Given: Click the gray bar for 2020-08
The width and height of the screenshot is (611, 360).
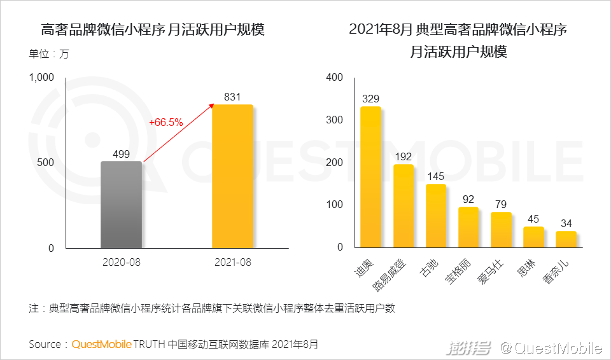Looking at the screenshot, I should pyautogui.click(x=121, y=205).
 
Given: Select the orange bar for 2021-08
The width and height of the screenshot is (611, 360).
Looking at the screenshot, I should pyautogui.click(x=232, y=176).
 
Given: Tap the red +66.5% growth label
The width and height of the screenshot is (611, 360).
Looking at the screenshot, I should pyautogui.click(x=165, y=121).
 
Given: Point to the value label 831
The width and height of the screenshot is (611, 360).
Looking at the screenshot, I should pyautogui.click(x=232, y=97).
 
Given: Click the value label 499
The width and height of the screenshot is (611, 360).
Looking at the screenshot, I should pyautogui.click(x=122, y=153).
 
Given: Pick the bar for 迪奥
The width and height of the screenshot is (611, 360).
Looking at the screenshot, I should pyautogui.click(x=370, y=177).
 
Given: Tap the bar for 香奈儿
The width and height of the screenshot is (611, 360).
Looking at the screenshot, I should pyautogui.click(x=566, y=240).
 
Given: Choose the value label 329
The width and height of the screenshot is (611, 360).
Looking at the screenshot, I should pyautogui.click(x=370, y=99).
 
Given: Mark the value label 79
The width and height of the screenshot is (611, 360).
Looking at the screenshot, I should pyautogui.click(x=501, y=204).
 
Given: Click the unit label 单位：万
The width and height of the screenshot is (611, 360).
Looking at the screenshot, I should pyautogui.click(x=48, y=54).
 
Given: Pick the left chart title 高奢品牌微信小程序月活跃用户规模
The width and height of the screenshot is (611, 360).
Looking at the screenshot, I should pyautogui.click(x=152, y=30).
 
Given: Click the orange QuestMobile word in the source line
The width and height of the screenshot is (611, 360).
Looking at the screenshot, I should pyautogui.click(x=101, y=345).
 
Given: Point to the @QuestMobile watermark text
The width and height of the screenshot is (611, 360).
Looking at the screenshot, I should pyautogui.click(x=551, y=348).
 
